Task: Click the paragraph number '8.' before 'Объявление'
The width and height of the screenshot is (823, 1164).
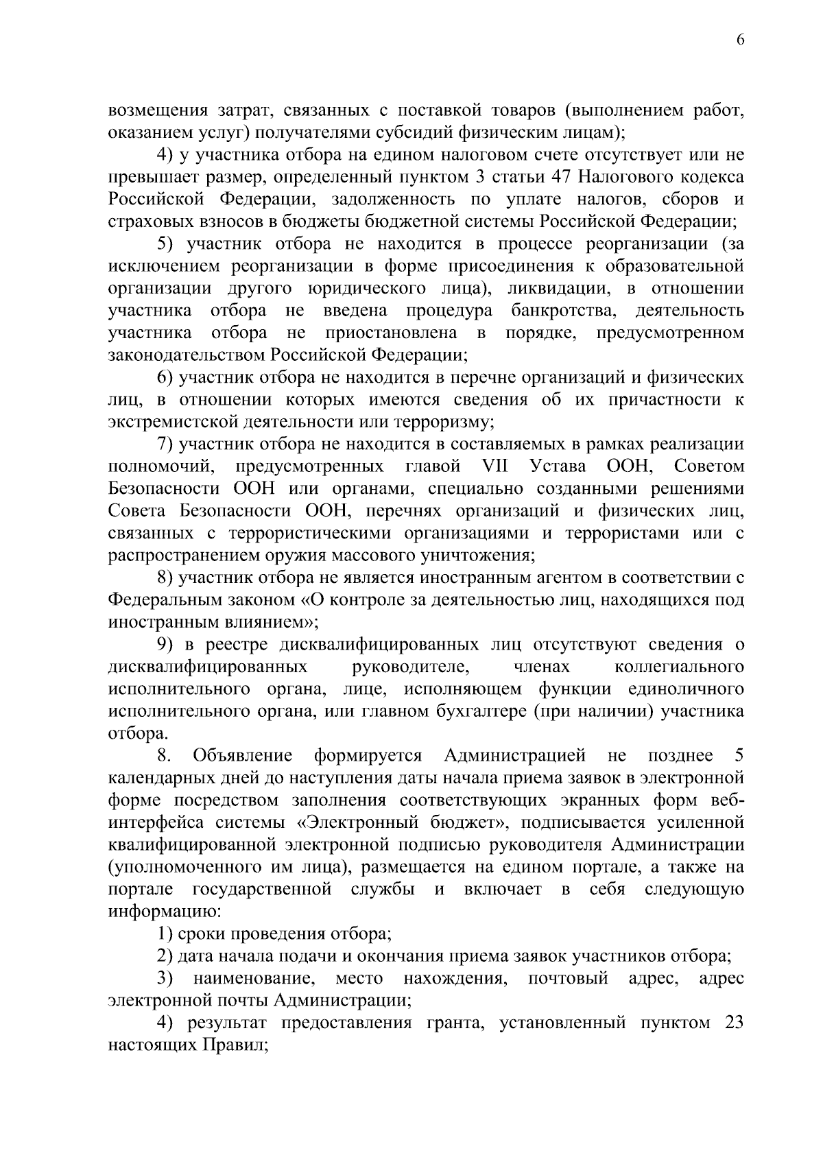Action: coord(165,756)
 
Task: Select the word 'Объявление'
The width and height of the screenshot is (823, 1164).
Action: coord(243,756)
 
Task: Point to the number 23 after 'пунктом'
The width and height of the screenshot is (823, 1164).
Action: coord(734,1023)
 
